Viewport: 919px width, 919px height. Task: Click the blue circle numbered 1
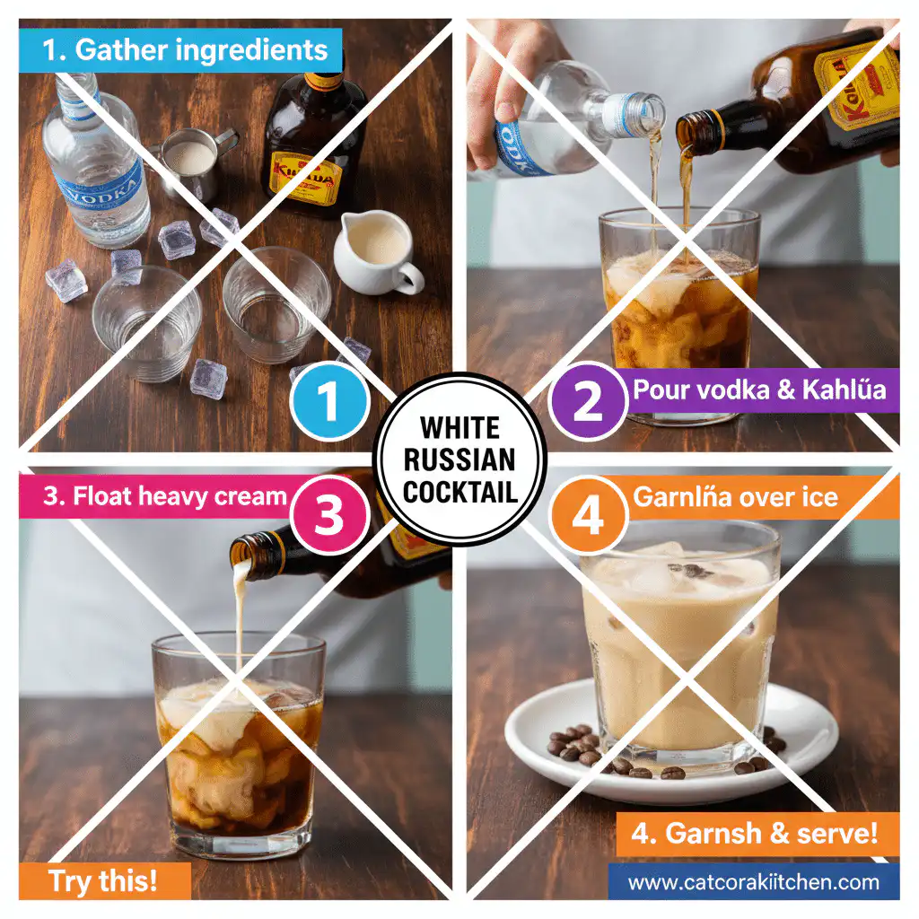coord(329,403)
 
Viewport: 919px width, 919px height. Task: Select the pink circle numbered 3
coord(329,517)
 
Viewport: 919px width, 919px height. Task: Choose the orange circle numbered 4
coord(588,517)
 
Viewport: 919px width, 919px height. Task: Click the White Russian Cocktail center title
coord(459,459)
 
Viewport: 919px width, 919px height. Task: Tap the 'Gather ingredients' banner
coord(180,49)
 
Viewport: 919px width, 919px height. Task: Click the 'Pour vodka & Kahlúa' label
coord(758,390)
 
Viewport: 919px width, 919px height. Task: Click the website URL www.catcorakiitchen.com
coord(753,882)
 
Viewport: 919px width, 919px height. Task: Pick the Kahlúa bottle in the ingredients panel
coord(314,144)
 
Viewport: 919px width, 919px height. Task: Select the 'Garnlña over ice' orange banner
coord(736,496)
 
